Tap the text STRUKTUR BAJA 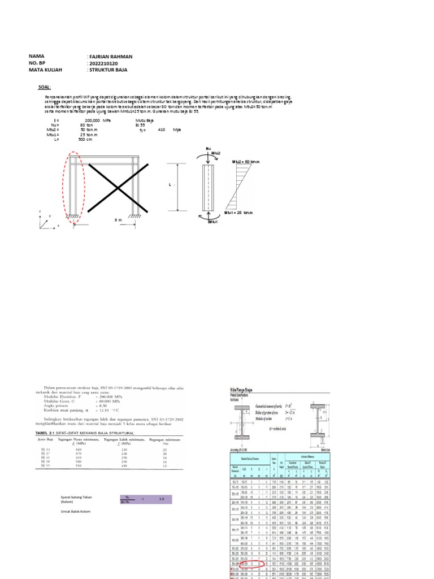tap(107, 70)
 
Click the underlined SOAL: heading tap(45, 88)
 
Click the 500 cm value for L tap(85, 139)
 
